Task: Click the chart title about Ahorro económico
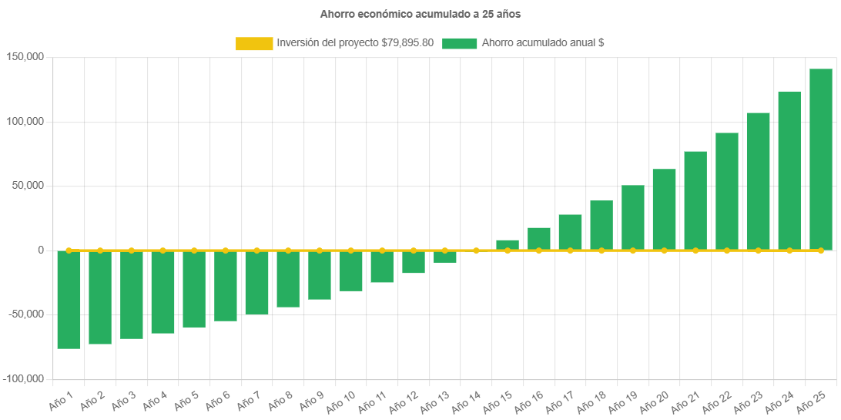click(420, 14)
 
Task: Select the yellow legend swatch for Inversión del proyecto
click(254, 43)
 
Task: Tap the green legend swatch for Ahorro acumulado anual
click(460, 43)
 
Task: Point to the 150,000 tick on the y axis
click(25, 57)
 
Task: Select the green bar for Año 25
click(820, 160)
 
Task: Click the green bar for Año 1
click(69, 300)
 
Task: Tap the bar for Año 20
click(664, 210)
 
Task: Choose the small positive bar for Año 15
click(508, 245)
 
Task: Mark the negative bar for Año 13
click(445, 257)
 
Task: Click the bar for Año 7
click(257, 283)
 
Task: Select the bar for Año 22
click(726, 191)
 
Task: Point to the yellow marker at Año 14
click(476, 250)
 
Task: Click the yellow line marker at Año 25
click(820, 250)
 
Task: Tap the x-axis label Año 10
click(340, 400)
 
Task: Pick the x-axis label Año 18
click(591, 400)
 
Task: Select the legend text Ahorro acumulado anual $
click(542, 43)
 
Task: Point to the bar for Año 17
click(570, 232)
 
